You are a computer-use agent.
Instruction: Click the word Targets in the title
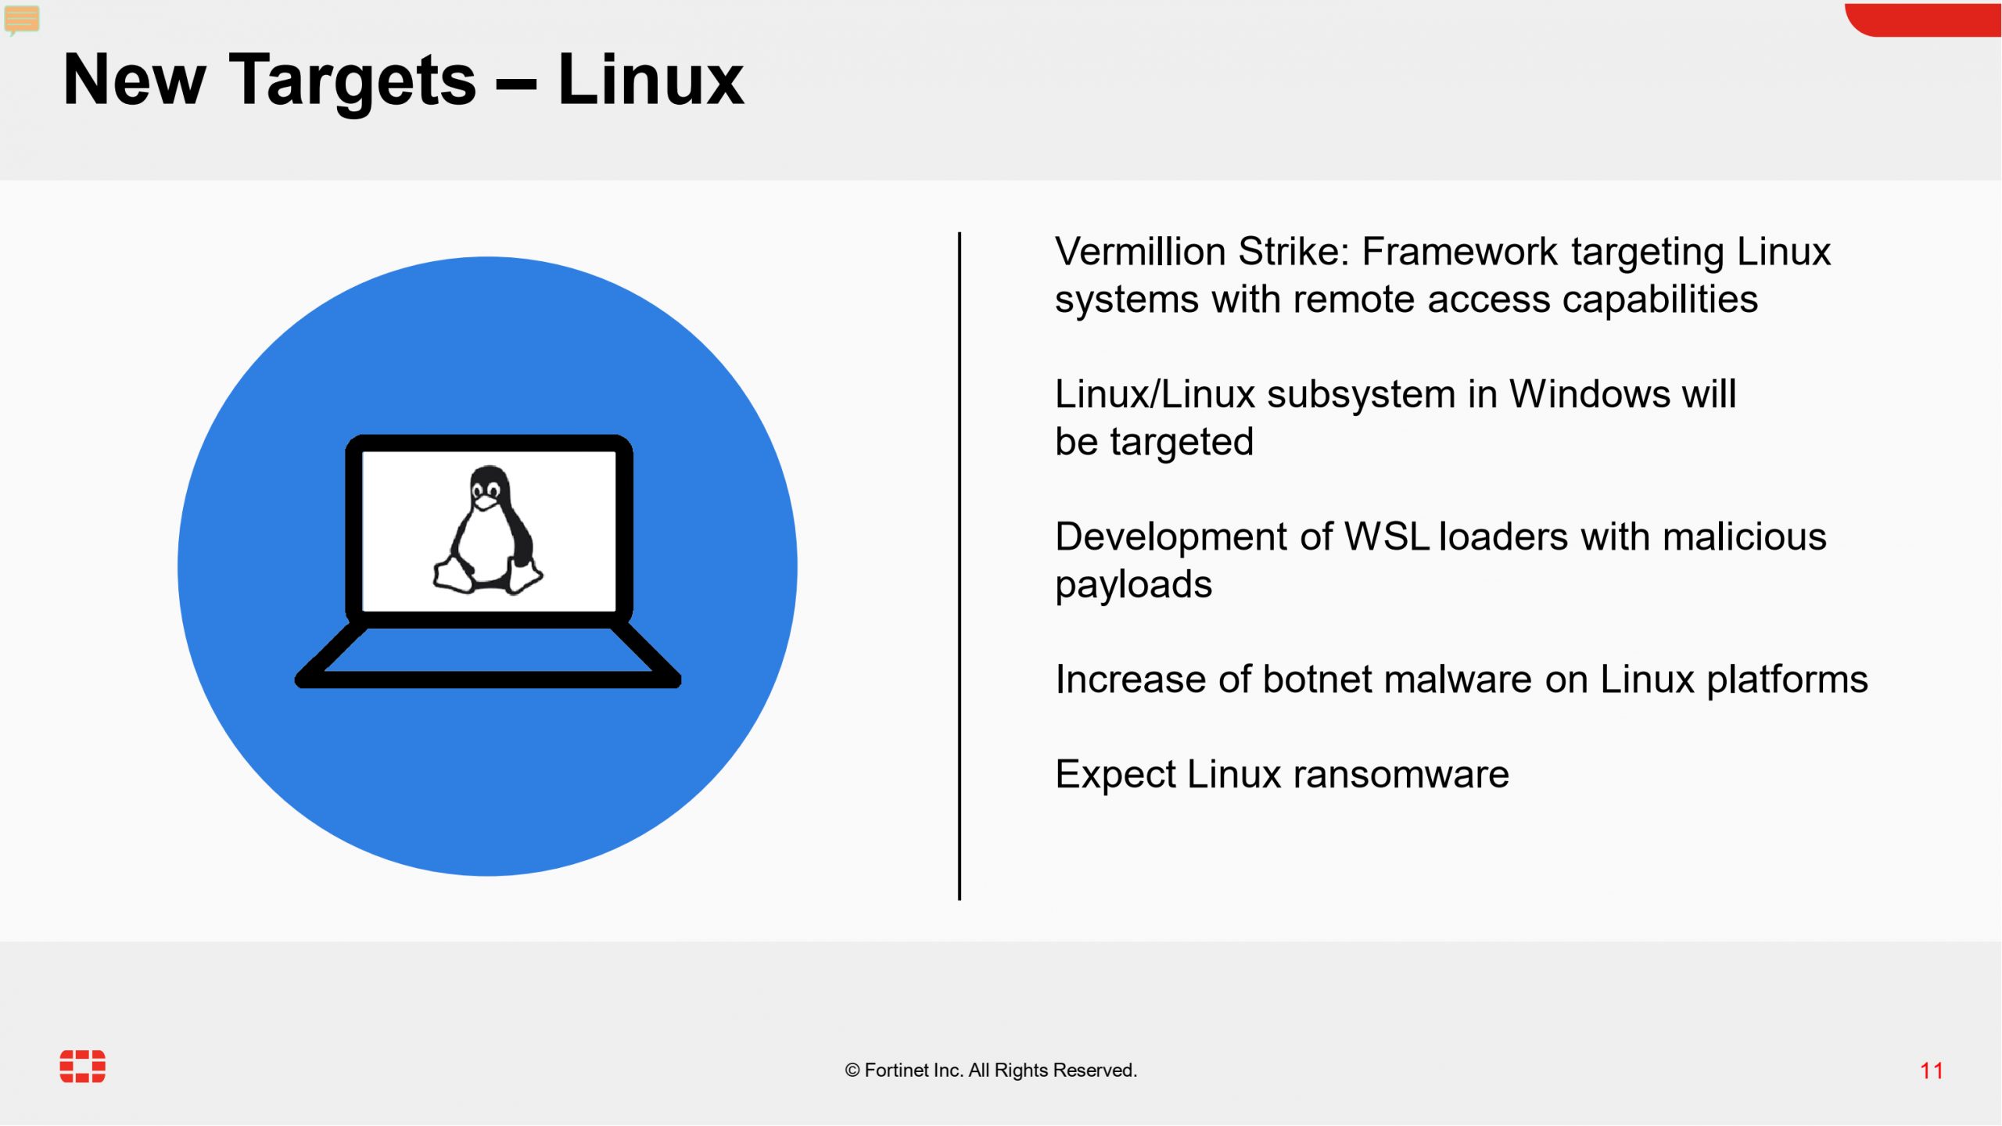(x=353, y=82)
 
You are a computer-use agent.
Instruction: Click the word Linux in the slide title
(x=651, y=79)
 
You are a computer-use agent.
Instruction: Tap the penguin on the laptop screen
(x=488, y=530)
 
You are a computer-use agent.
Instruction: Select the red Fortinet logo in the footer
(x=83, y=1067)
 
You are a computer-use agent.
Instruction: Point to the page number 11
(x=1932, y=1070)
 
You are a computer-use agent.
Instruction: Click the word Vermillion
(x=1141, y=252)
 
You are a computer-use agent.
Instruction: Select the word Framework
(x=1460, y=252)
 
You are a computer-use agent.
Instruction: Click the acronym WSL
(x=1387, y=537)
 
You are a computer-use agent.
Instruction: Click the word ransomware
(x=1401, y=775)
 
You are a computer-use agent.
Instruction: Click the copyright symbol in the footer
(x=852, y=1070)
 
